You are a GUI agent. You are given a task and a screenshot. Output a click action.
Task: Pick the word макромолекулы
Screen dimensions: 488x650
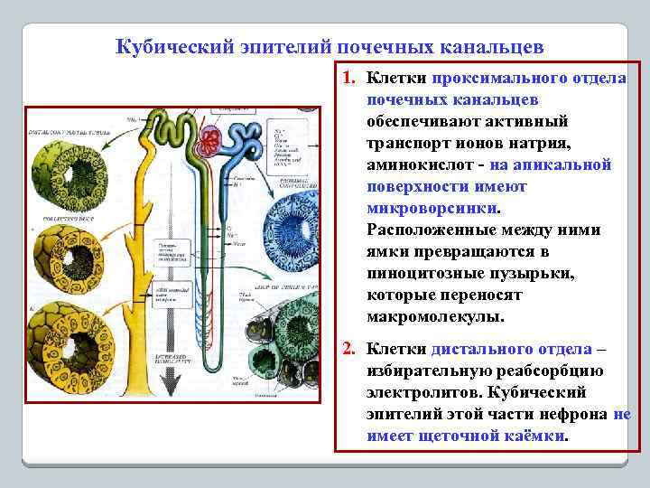(x=436, y=317)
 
